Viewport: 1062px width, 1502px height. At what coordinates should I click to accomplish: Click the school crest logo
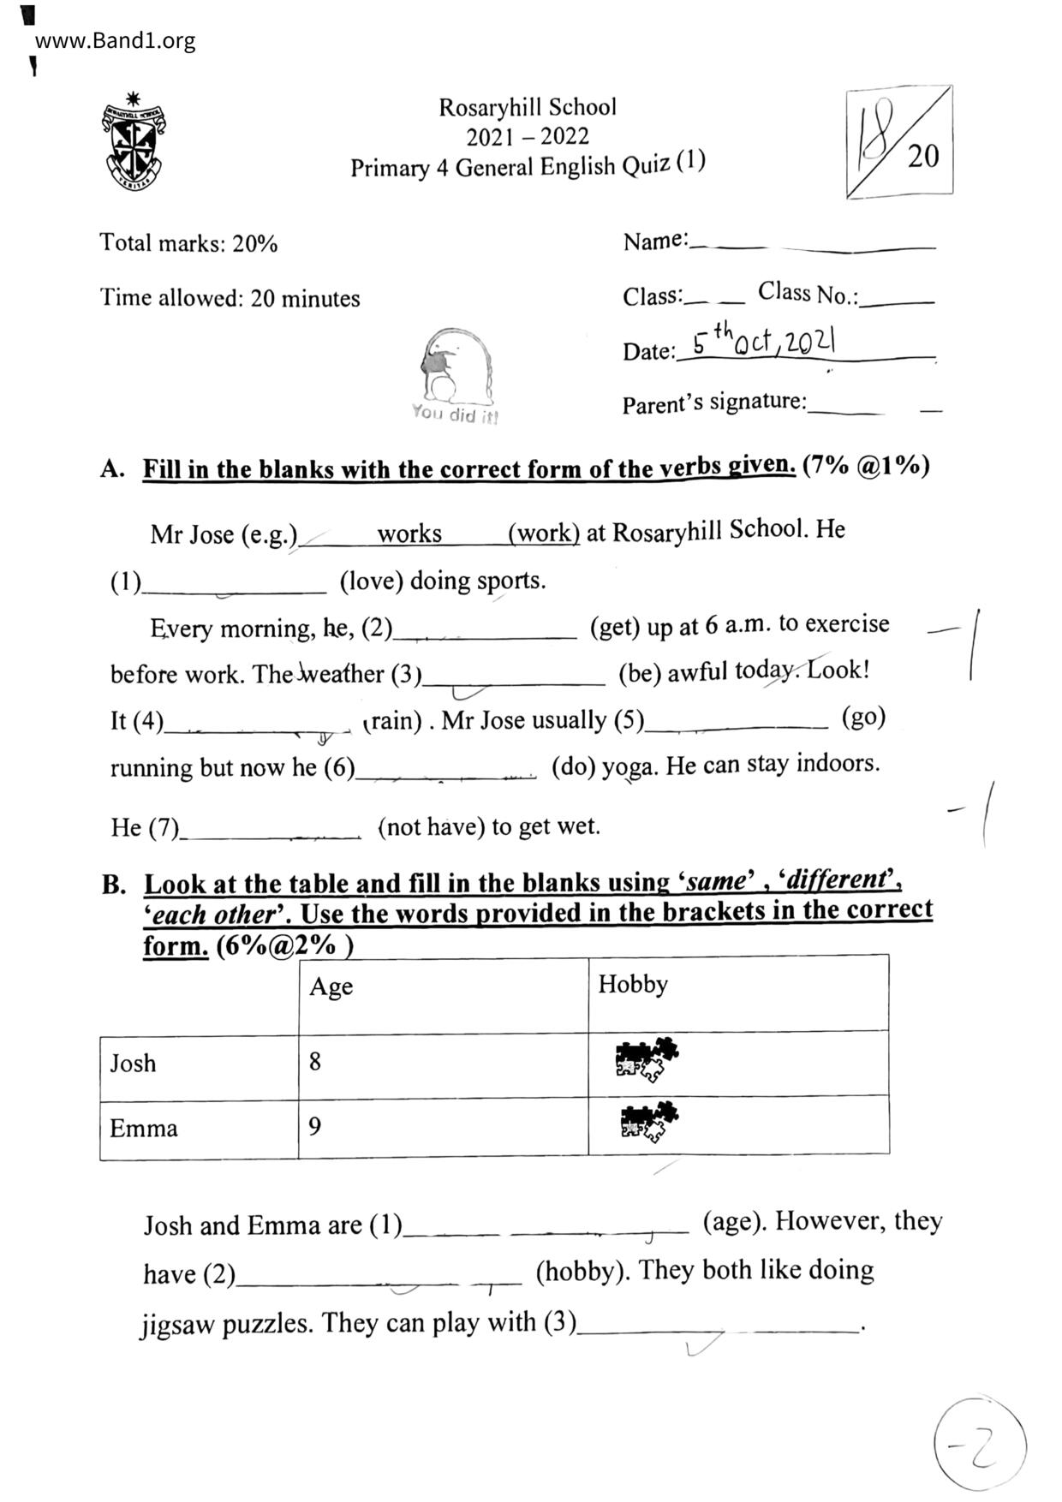tap(134, 142)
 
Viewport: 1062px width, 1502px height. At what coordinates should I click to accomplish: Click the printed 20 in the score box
tap(922, 157)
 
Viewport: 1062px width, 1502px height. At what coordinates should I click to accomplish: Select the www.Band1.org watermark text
tap(115, 40)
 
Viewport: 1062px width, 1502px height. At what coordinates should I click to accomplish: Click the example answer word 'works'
tap(409, 533)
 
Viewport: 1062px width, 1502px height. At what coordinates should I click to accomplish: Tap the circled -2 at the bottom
tap(979, 1446)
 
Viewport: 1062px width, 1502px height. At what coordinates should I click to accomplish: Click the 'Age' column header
tap(331, 986)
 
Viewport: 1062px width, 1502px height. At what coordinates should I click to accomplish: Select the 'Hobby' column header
tap(632, 984)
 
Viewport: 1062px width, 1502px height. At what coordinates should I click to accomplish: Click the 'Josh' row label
tap(133, 1064)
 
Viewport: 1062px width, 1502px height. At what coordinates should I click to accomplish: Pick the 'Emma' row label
tap(143, 1128)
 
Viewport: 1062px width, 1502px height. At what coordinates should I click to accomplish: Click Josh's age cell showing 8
tap(315, 1062)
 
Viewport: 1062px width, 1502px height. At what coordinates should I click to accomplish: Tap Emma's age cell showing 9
tap(315, 1126)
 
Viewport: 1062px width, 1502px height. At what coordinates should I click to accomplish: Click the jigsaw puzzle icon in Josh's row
tap(646, 1059)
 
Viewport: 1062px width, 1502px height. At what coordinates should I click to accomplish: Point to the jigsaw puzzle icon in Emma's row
tap(649, 1122)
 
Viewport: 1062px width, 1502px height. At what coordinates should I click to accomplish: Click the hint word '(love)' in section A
tap(371, 581)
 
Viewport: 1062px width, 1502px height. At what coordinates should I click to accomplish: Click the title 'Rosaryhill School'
tap(527, 107)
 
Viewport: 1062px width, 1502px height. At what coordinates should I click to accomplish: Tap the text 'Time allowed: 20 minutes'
tap(230, 298)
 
